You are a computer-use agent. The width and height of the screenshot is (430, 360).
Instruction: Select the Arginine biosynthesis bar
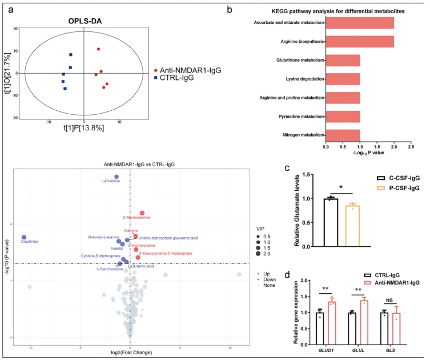pyautogui.click(x=360, y=42)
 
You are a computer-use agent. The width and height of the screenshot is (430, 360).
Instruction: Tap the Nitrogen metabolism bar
pyautogui.click(x=343, y=135)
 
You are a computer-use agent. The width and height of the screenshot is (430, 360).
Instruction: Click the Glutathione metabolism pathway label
pyautogui.click(x=294, y=60)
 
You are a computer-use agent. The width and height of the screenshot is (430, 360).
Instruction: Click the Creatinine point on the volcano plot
pyautogui.click(x=25, y=237)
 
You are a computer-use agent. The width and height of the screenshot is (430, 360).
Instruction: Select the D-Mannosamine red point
pyautogui.click(x=142, y=213)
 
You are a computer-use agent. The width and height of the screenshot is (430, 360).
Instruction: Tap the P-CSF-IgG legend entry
pyautogui.click(x=388, y=187)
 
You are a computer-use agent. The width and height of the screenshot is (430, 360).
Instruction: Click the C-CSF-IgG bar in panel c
pyautogui.click(x=330, y=222)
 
